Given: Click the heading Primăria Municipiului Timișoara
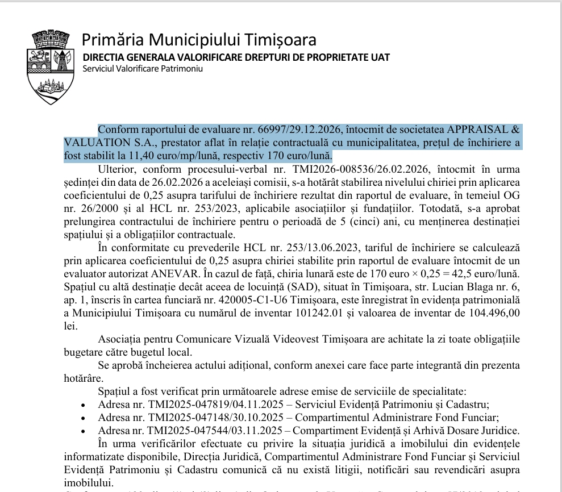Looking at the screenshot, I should (x=199, y=40).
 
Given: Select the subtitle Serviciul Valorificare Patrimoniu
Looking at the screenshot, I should (x=143, y=69).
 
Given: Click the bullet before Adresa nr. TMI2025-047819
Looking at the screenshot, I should (x=84, y=406).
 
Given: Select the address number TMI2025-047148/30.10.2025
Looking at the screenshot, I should (x=214, y=418).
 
